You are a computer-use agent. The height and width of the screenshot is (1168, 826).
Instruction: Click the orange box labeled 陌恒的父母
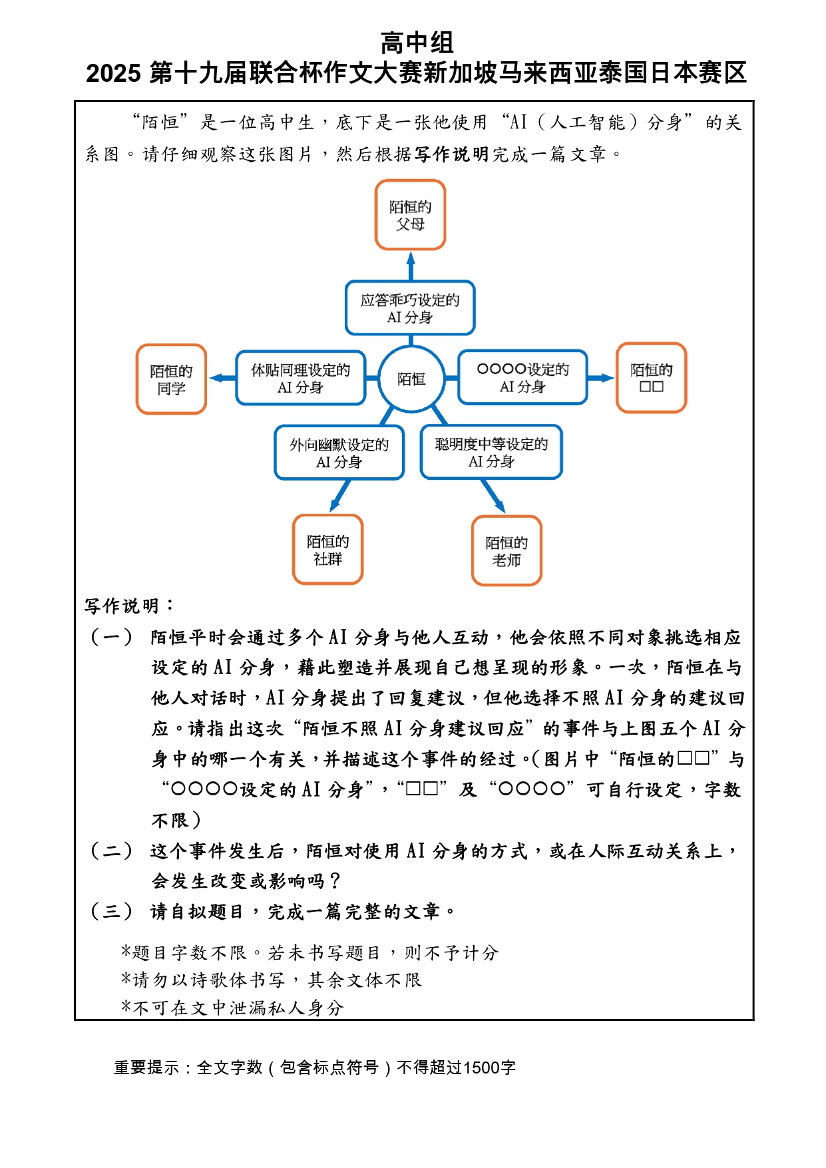click(410, 215)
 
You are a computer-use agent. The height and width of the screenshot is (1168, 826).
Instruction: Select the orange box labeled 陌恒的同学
click(171, 379)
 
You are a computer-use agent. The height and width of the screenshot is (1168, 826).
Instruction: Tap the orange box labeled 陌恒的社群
click(327, 550)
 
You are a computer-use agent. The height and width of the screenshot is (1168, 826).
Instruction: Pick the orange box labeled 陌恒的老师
click(507, 551)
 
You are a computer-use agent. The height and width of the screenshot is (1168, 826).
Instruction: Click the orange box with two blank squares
click(651, 378)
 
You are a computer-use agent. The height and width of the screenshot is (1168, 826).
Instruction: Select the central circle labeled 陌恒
click(411, 379)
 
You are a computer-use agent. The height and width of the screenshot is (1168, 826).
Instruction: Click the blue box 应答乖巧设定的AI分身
click(410, 308)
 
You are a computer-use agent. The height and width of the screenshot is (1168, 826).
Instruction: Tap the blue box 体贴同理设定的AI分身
click(300, 378)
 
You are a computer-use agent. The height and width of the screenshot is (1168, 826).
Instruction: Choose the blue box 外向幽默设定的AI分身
click(339, 453)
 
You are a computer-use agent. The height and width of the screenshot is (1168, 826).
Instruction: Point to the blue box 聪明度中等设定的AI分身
click(491, 452)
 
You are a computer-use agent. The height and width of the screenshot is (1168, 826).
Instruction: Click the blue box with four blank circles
click(522, 377)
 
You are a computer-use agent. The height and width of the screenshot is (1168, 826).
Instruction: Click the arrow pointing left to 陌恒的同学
click(221, 378)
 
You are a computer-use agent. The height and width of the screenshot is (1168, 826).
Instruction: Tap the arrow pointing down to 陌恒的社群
click(339, 496)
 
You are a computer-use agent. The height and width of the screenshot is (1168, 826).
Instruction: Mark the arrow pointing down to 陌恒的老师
click(494, 496)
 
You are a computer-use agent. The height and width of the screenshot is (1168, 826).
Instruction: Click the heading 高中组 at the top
click(417, 43)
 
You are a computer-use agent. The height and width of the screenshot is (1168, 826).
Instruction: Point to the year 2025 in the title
click(113, 73)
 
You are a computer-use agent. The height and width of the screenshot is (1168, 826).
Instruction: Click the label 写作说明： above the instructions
click(129, 606)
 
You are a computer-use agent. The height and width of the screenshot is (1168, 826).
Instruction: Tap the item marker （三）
click(111, 911)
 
